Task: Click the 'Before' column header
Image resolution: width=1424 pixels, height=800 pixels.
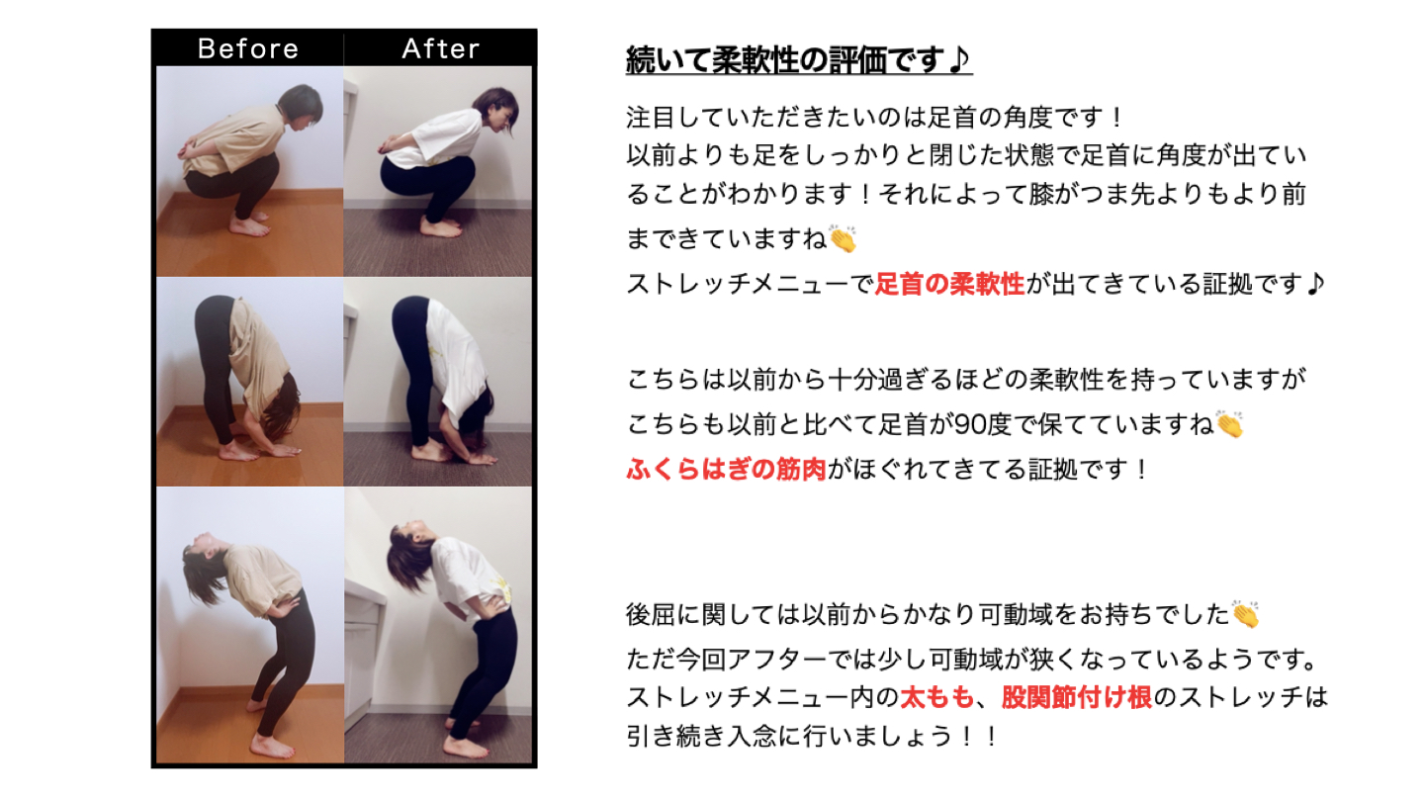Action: [x=247, y=48]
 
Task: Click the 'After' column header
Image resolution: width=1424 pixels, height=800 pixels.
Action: [x=440, y=48]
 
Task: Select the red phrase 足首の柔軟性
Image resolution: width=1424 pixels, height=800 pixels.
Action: [x=950, y=285]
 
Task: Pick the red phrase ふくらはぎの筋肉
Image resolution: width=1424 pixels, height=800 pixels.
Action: [x=727, y=469]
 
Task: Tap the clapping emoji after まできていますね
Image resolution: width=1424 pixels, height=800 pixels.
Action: [x=843, y=239]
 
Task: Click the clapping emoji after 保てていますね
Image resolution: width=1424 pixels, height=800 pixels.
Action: [x=1229, y=425]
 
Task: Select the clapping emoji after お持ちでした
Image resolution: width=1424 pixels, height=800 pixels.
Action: [x=1246, y=614]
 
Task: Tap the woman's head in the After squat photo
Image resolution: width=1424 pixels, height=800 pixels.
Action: [x=496, y=111]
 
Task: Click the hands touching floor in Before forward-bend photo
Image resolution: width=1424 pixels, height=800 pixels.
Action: [x=280, y=450]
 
